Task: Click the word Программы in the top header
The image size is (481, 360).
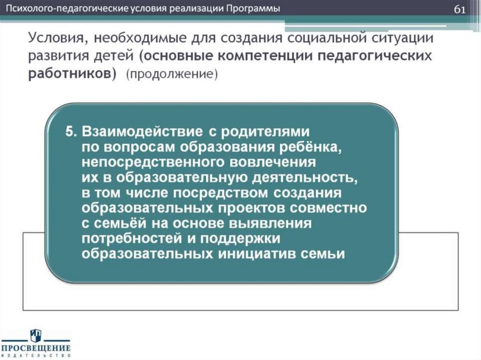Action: (x=254, y=9)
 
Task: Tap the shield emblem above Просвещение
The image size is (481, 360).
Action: (x=36, y=336)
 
